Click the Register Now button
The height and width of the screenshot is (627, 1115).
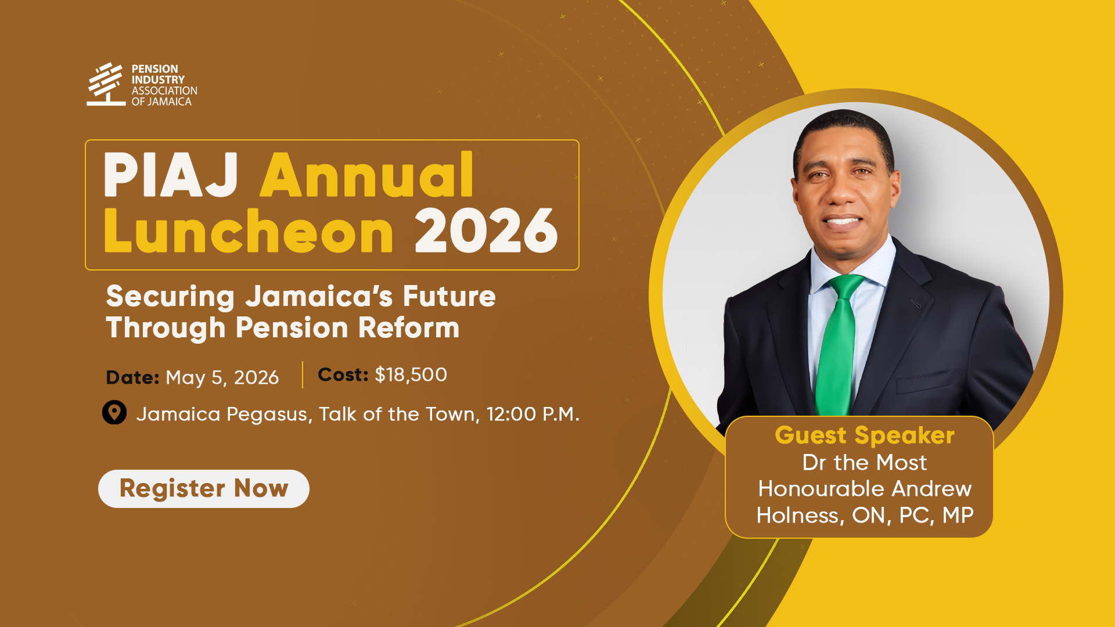(204, 489)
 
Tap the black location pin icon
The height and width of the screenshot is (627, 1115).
(114, 412)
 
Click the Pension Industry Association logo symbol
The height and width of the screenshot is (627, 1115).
(106, 84)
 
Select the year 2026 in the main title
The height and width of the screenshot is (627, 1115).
(486, 231)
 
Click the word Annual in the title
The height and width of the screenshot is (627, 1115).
(367, 175)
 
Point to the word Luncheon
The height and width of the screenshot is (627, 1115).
(249, 231)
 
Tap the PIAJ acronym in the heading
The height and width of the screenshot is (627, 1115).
(171, 175)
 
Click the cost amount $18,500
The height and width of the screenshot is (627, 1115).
(411, 375)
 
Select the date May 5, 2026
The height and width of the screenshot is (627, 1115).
(222, 378)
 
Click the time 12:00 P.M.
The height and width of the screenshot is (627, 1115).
(533, 415)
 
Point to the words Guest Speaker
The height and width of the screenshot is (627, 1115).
(865, 435)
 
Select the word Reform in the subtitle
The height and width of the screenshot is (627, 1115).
(409, 328)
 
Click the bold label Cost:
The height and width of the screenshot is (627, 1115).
(343, 375)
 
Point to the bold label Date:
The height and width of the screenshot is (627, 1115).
(132, 378)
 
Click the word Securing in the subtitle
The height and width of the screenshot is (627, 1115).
(170, 297)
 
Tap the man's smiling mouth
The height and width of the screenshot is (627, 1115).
(842, 221)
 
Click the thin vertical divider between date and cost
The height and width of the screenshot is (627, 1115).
(303, 374)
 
